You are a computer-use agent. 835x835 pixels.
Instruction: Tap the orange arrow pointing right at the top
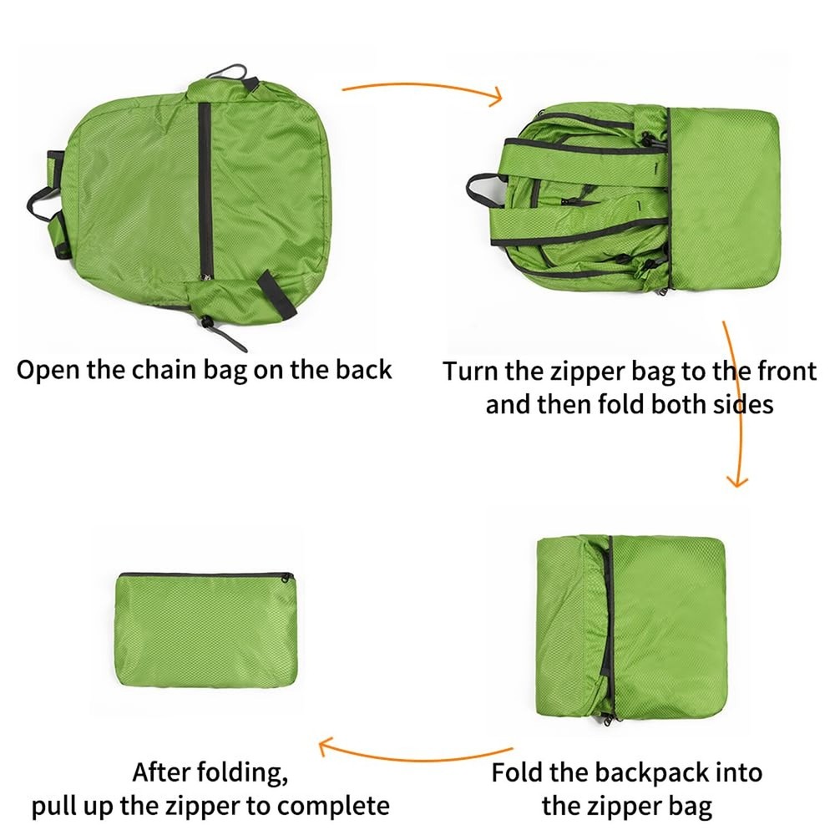(x=422, y=90)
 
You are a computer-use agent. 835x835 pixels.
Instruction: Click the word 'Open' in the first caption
(x=48, y=369)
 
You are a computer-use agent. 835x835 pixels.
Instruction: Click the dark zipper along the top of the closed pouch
(x=205, y=574)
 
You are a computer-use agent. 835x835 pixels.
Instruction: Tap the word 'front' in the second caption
(x=782, y=371)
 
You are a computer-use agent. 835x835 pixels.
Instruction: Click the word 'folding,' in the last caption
(x=247, y=772)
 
